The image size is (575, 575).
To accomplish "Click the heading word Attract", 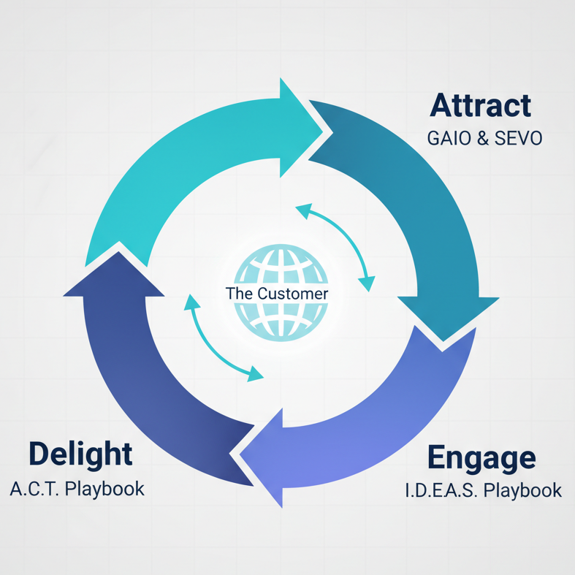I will coord(480,105).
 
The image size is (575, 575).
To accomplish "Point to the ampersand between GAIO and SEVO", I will coord(481,137).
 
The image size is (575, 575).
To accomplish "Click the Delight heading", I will coord(80,454).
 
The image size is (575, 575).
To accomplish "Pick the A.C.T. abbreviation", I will coord(34,489).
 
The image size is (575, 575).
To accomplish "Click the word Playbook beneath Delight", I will coord(104,489).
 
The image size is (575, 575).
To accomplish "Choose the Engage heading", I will coord(481,457).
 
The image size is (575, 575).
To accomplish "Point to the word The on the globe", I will coord(239,294).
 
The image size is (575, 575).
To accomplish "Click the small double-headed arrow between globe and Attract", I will coord(338,245).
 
